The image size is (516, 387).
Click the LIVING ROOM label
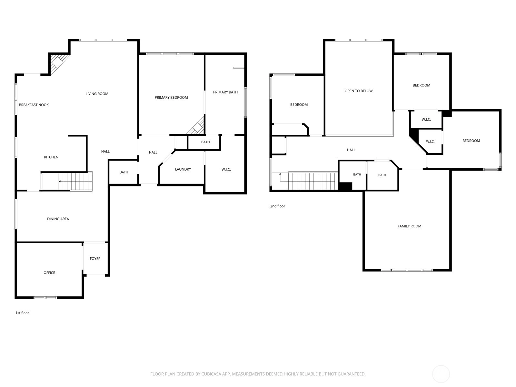point(97,94)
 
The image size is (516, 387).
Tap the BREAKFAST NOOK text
point(34,105)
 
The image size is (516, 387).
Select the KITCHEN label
point(51,157)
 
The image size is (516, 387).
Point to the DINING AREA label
point(58,219)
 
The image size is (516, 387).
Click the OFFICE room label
point(49,273)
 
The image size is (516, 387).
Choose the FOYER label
point(95,258)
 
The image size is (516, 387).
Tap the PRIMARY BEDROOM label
point(171,97)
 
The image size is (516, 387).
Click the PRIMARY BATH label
point(225,92)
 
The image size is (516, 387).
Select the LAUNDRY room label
point(183,169)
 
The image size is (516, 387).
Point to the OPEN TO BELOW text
point(359,91)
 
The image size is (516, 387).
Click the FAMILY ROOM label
point(409,226)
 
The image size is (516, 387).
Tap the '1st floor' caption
point(22,313)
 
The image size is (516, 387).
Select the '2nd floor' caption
point(277,206)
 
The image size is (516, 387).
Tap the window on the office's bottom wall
point(45,297)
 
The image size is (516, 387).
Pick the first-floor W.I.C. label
point(226,169)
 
